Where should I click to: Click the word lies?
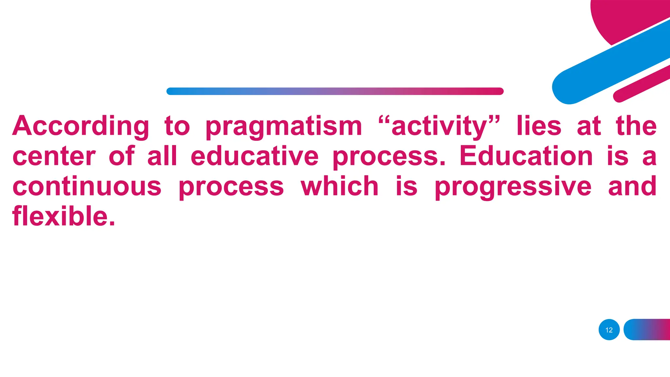point(539,126)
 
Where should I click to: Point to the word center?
point(54,156)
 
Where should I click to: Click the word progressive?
point(513,187)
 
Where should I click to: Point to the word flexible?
point(63,216)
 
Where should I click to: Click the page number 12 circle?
point(609,330)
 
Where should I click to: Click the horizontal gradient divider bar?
point(335,91)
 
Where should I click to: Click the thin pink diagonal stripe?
point(641,83)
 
